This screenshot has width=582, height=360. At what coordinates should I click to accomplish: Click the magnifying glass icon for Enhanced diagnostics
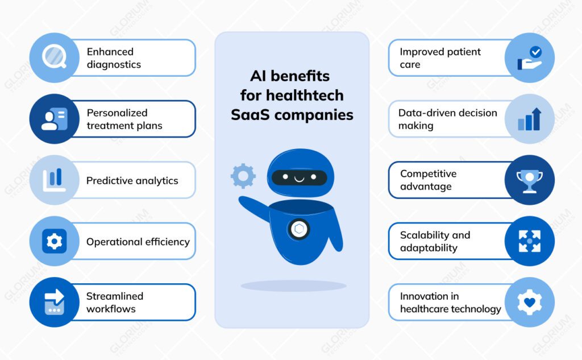click(x=55, y=57)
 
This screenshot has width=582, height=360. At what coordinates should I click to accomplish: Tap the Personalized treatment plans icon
click(x=55, y=119)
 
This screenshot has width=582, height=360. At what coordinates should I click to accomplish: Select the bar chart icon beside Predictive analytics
click(x=55, y=180)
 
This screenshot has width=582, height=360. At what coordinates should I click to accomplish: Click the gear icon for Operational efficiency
click(x=55, y=241)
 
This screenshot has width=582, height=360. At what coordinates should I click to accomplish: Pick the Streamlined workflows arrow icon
click(x=55, y=302)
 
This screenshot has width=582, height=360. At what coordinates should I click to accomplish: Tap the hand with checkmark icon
click(x=529, y=58)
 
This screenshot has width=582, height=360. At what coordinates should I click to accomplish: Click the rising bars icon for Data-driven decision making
click(x=529, y=119)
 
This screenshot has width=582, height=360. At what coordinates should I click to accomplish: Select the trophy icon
click(x=529, y=180)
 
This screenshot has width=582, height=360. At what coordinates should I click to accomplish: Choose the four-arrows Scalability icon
click(x=529, y=241)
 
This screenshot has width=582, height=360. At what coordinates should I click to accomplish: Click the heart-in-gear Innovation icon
click(x=529, y=302)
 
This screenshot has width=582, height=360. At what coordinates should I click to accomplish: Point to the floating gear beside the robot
click(x=243, y=176)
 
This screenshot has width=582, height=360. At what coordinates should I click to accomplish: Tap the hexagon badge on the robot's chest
click(x=299, y=229)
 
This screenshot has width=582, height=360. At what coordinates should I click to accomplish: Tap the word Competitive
click(x=428, y=173)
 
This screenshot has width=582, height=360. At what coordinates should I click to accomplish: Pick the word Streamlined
click(x=114, y=296)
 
